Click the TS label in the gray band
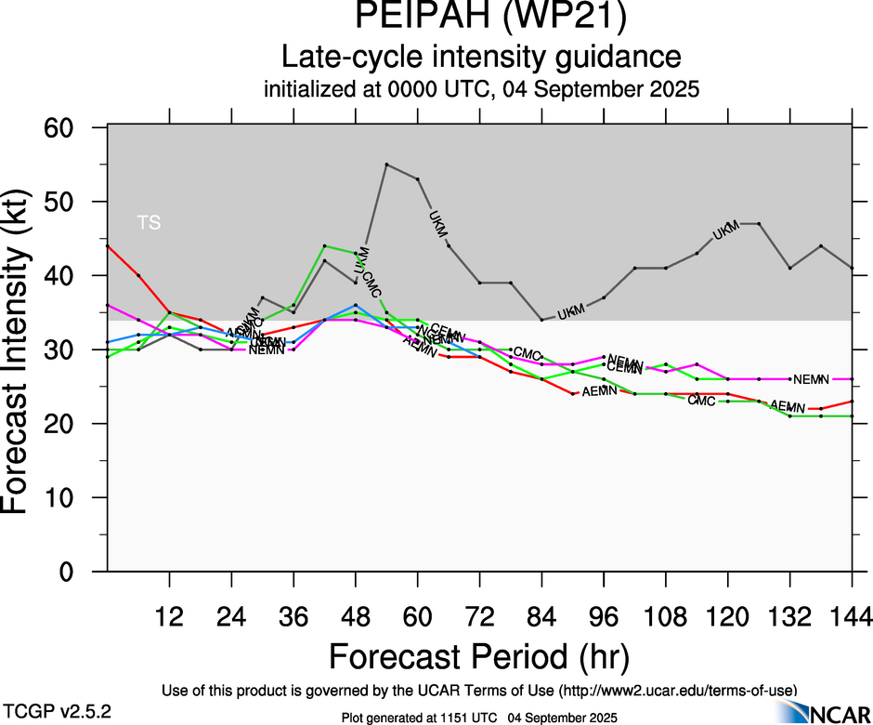tap(149, 222)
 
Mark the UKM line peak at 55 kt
tap(386, 165)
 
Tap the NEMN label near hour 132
tap(811, 379)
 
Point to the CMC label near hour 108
tap(700, 400)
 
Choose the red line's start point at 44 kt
tap(108, 245)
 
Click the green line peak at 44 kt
tap(324, 245)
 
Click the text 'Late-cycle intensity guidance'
tap(481, 58)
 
